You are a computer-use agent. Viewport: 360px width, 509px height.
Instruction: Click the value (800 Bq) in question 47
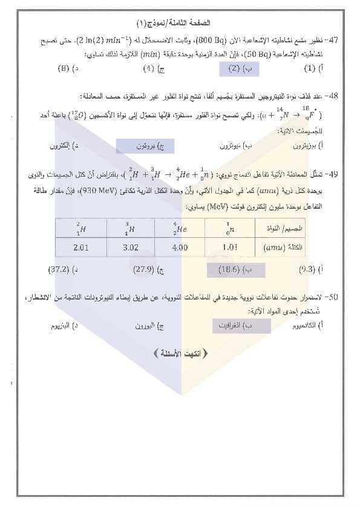224,40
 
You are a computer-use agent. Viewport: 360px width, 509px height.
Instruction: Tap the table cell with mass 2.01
80,248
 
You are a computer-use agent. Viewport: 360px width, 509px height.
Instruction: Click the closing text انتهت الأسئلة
182,353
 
